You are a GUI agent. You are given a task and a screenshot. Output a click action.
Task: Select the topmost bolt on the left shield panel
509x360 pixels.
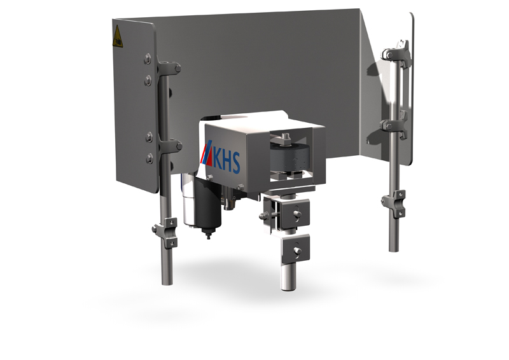(x=148, y=59)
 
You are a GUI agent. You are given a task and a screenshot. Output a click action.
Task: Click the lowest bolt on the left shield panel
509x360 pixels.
(x=149, y=156)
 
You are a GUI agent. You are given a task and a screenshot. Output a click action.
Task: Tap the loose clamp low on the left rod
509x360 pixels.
(x=166, y=232)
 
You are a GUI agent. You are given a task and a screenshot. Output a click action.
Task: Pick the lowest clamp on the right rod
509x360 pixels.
(x=394, y=202)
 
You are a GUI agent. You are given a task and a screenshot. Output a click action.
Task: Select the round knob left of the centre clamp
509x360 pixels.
(x=264, y=216)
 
